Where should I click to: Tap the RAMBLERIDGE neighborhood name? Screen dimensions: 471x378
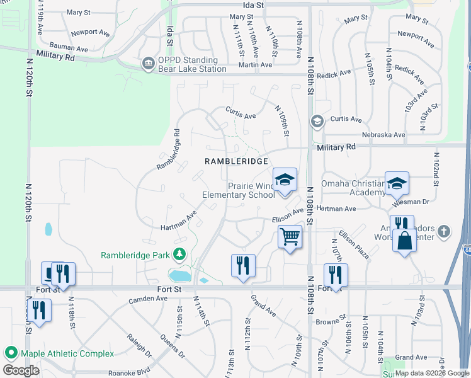click(237, 161)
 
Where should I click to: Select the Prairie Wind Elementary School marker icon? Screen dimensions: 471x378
click(285, 180)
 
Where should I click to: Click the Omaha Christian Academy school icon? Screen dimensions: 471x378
click(397, 183)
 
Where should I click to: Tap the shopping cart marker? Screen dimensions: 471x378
click(290, 237)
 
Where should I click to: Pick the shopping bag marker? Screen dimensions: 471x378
click(404, 241)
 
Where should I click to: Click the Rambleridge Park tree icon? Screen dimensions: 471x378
click(180, 255)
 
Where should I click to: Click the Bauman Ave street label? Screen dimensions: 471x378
click(69, 48)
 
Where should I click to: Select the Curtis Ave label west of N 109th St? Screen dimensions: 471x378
click(241, 116)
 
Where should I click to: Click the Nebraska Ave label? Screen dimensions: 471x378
click(383, 135)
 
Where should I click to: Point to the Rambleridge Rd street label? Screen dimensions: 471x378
click(168, 149)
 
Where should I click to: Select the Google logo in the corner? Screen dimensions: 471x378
click(21, 370)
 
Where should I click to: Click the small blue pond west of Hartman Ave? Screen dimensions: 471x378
click(48, 229)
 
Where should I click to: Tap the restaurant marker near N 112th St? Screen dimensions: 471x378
click(243, 265)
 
